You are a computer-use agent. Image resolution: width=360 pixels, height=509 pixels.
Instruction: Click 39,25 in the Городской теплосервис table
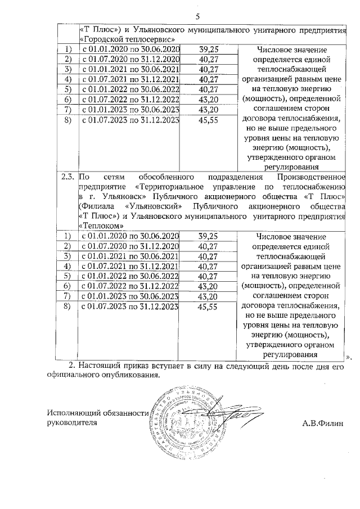209,50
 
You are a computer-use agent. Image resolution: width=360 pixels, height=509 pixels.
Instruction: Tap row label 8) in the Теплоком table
67,307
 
